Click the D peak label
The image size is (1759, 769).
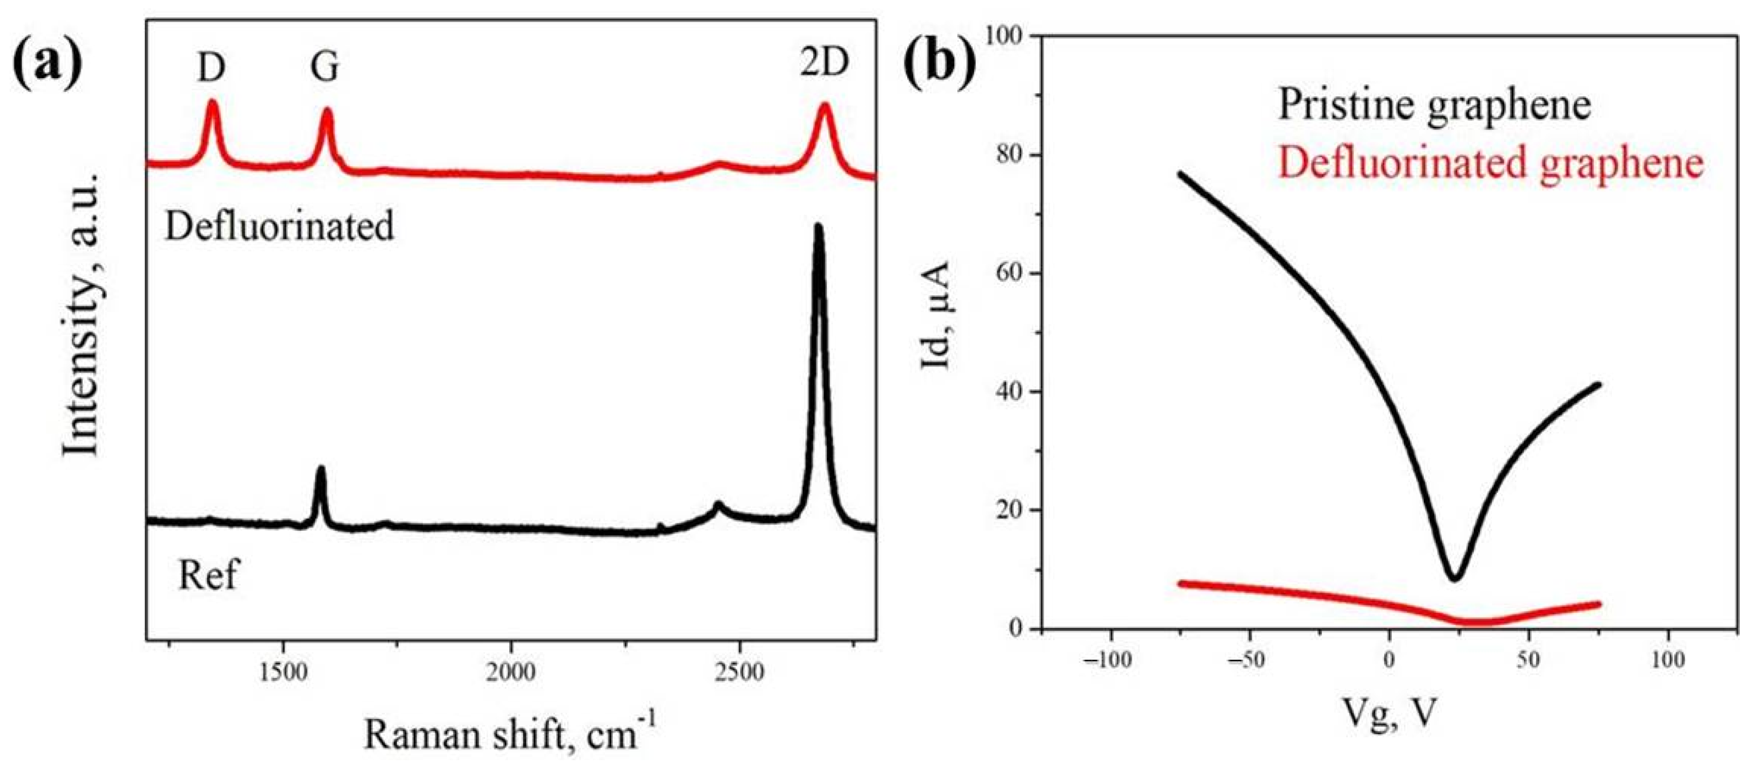coord(211,68)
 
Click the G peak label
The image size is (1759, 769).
coord(324,68)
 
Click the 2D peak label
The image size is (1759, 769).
coord(824,62)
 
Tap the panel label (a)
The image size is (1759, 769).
coord(48,64)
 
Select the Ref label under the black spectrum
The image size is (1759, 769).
coord(208,575)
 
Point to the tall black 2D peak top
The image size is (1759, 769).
coord(818,229)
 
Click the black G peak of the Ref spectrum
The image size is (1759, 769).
coord(320,471)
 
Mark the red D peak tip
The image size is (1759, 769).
coord(213,103)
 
